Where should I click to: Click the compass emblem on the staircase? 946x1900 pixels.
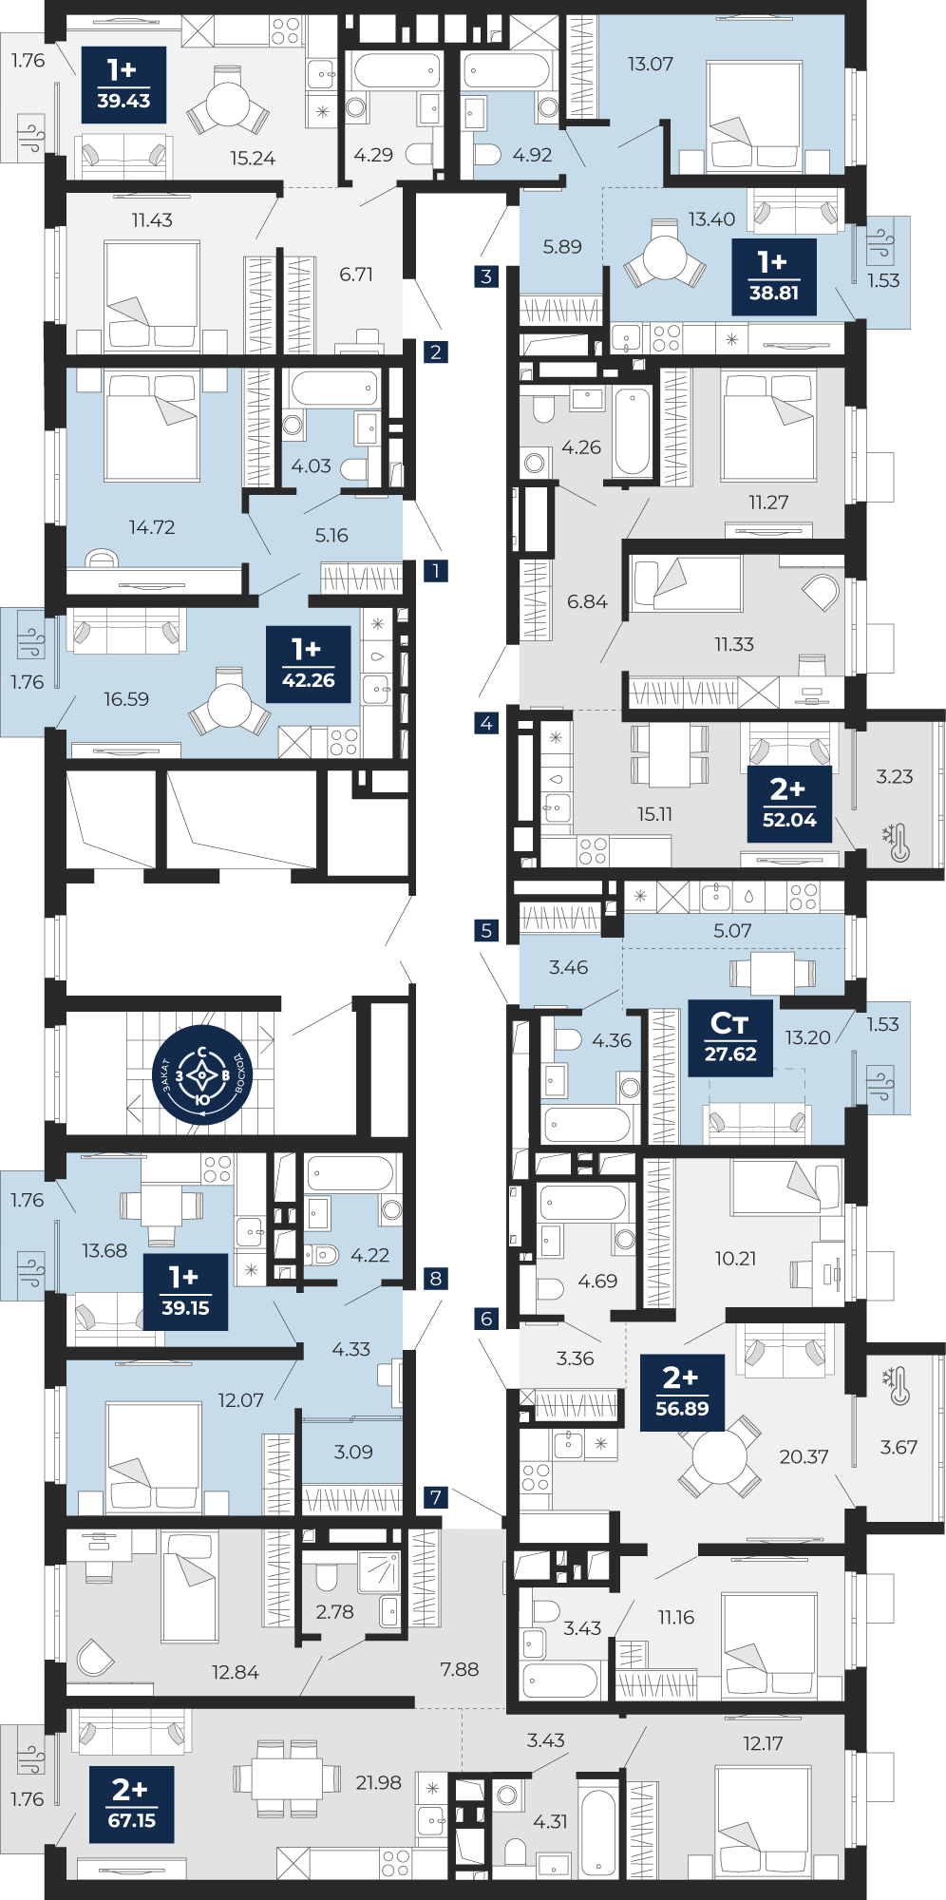tap(201, 1075)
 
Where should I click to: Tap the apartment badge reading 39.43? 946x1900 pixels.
tap(123, 85)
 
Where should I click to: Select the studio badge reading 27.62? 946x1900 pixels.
tap(730, 1037)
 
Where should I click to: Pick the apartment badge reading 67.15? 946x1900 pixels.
tap(132, 1805)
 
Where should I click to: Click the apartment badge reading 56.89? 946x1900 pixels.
tap(682, 1393)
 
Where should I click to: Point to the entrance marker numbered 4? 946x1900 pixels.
tap(486, 723)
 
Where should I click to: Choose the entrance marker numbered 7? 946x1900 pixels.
tap(435, 1498)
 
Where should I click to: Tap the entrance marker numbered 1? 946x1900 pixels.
tap(435, 570)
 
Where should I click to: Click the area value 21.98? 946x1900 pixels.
tap(378, 1783)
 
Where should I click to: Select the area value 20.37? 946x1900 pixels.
tap(804, 1456)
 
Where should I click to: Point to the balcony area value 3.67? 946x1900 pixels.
tap(899, 1447)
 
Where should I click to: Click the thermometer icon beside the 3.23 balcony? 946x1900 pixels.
tap(896, 843)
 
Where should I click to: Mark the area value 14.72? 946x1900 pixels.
tap(152, 527)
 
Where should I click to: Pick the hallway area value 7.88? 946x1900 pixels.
tap(459, 1669)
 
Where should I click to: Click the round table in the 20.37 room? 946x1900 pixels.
tap(720, 1456)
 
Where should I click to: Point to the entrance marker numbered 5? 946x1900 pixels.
tap(486, 931)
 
